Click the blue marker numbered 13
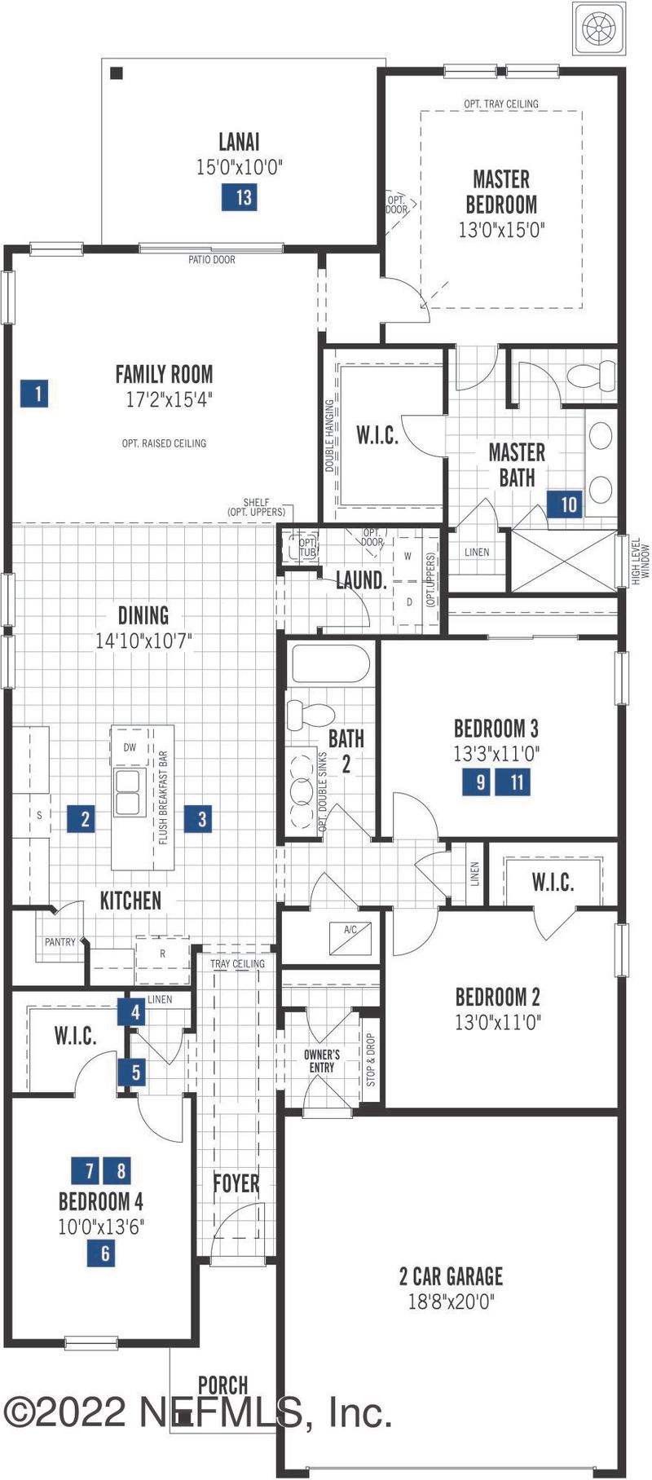point(243,197)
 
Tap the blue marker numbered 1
point(37,394)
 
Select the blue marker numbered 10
point(568,504)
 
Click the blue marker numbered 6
point(105,1253)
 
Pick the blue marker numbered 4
point(134,1013)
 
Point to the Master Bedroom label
point(501,192)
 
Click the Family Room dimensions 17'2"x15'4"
point(164,400)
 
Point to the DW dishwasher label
point(130,747)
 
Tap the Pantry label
point(60,942)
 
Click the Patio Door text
point(212,260)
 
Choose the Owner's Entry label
point(322,1061)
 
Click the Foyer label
point(236,1183)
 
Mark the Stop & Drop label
point(371,1060)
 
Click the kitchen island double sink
point(128,793)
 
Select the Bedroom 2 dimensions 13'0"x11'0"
point(498,1021)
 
